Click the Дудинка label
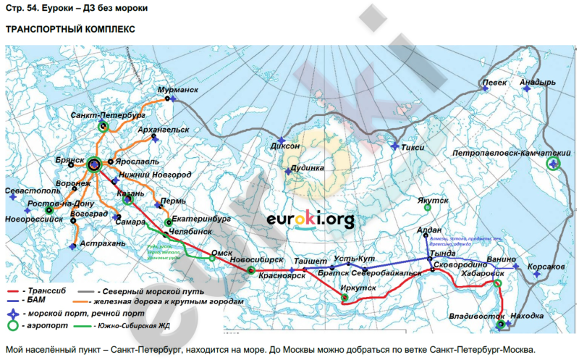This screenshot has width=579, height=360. pos(307,167)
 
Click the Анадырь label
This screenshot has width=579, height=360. pos(538,83)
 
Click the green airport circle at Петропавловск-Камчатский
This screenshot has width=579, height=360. pos(554,164)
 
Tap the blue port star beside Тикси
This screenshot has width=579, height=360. pos(394,147)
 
